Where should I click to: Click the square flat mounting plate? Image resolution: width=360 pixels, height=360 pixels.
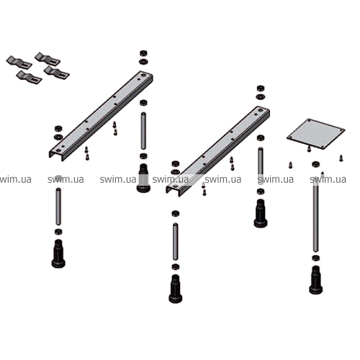315,133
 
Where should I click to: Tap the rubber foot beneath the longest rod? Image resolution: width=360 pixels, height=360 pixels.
316,280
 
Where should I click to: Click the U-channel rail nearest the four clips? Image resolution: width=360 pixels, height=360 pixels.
101,115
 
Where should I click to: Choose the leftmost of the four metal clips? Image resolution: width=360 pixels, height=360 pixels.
19,63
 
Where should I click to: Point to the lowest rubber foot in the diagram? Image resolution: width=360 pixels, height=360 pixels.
176,289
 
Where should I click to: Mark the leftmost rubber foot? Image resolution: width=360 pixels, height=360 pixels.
58,253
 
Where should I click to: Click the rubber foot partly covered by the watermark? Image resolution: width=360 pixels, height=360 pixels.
143,178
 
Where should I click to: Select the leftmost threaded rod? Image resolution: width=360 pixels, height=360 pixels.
58,207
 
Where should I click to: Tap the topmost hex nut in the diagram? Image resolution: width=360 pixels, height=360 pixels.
143,53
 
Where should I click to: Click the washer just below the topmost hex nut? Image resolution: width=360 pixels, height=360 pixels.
143,61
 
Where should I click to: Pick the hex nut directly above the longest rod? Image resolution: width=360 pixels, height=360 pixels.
315,164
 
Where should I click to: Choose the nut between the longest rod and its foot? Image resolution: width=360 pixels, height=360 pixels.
316,258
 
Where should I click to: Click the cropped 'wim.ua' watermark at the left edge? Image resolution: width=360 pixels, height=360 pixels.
15,179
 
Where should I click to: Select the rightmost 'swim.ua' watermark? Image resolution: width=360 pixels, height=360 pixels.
328,179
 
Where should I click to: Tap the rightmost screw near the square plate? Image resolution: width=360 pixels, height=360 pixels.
341,158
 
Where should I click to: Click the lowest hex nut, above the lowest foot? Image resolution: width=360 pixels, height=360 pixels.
176,266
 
